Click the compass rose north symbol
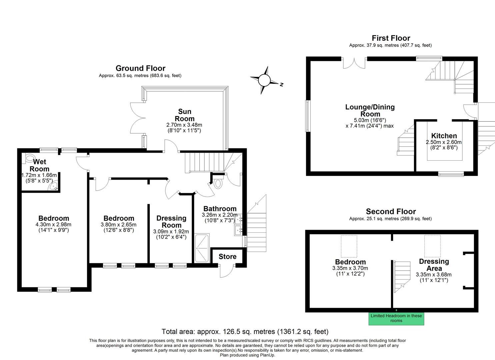(x=264, y=80)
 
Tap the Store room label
(x=227, y=256)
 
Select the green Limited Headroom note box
(x=396, y=318)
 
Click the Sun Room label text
(x=184, y=115)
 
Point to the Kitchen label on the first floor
(x=444, y=136)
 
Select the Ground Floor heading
(x=140, y=68)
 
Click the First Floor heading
(x=391, y=38)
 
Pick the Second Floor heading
(x=391, y=211)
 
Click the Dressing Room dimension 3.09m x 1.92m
(x=171, y=231)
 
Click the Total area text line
(x=245, y=332)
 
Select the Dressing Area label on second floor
(x=434, y=265)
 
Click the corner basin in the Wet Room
(x=54, y=187)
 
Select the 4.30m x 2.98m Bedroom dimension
(x=53, y=224)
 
